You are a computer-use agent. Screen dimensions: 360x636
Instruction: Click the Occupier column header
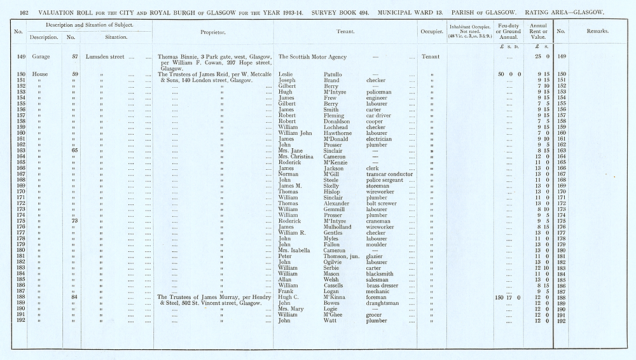431,31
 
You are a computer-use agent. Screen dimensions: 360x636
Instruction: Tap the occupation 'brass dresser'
384,286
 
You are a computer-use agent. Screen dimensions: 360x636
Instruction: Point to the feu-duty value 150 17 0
507,297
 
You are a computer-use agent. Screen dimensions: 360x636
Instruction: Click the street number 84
74,297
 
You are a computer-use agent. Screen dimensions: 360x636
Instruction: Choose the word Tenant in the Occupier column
431,57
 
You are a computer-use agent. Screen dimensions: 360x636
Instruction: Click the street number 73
74,221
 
